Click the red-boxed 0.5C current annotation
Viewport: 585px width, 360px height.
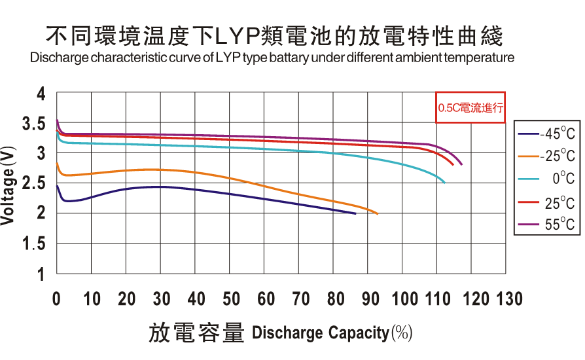tap(471, 108)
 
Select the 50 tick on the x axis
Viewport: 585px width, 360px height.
tap(231, 299)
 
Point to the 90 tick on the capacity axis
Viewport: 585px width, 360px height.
tap(370, 299)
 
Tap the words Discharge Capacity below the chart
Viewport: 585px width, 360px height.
tap(320, 333)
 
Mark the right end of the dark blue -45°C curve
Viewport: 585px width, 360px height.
tap(355, 213)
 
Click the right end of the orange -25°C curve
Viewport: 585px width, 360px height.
tap(378, 213)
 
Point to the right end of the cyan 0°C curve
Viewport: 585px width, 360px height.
tap(444, 183)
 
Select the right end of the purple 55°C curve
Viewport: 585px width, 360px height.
tap(461, 164)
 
